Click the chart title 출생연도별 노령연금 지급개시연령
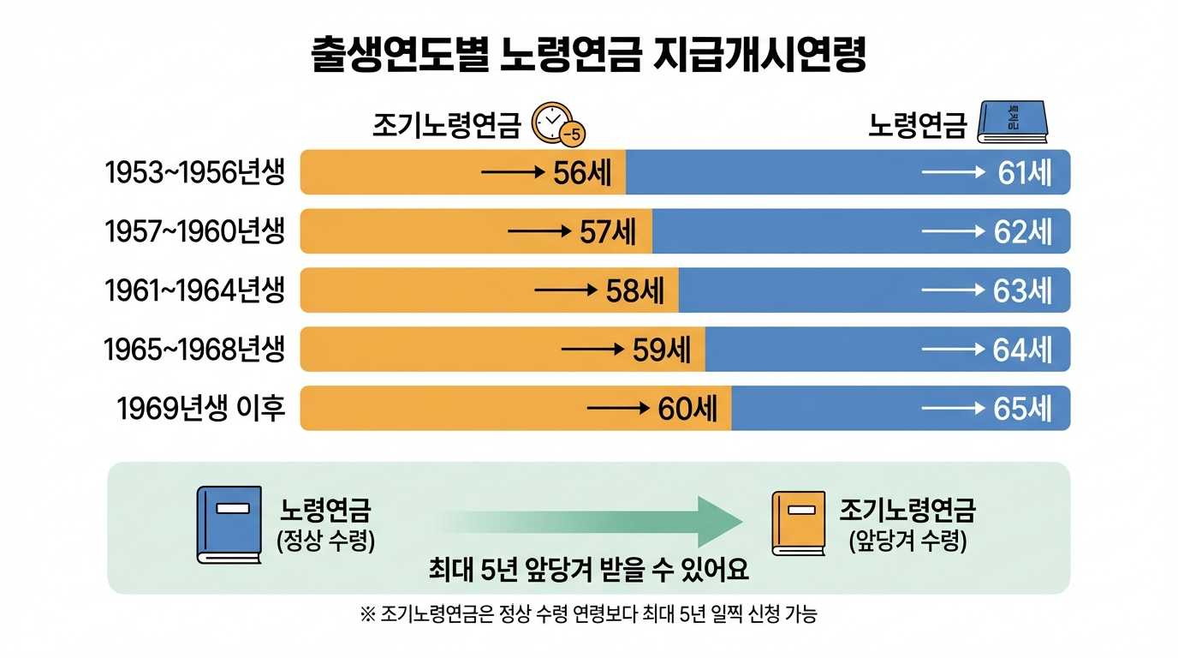click(x=589, y=57)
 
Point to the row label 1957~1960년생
click(x=194, y=232)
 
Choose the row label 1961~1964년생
click(x=194, y=291)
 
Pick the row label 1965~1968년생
click(x=194, y=350)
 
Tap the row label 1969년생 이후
click(x=201, y=410)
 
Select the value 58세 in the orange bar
click(x=635, y=291)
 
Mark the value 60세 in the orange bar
click(x=687, y=410)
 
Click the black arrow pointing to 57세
click(x=539, y=232)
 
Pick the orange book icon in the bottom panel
click(x=798, y=523)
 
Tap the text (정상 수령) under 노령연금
click(x=325, y=542)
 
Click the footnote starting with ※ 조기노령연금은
click(x=588, y=614)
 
